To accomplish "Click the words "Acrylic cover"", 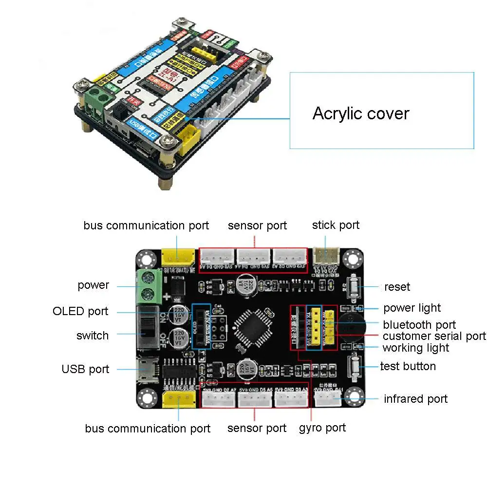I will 361,113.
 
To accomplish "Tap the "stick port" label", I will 336,225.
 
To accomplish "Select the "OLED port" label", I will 80,311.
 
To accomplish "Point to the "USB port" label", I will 85,369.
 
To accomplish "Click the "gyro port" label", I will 322,428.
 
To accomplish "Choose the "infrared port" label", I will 415,399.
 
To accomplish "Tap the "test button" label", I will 408,366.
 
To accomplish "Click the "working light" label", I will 416,348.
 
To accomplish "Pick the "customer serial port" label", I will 434,336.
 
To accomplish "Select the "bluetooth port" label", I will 419,325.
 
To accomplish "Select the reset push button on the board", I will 355,287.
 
